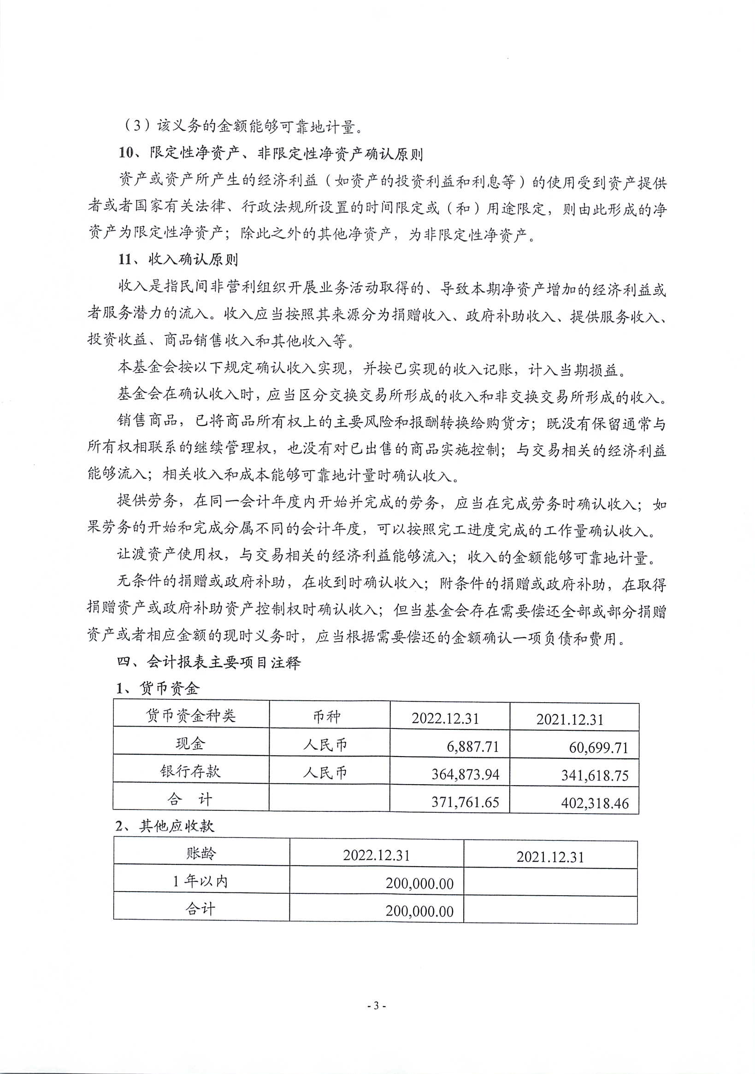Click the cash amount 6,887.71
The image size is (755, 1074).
click(x=472, y=746)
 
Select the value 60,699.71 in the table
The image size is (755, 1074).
click(x=598, y=747)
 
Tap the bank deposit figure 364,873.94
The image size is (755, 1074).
click(x=465, y=774)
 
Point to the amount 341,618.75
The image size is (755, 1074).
click(x=595, y=775)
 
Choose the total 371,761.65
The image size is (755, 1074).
click(x=465, y=802)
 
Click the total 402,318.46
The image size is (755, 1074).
click(x=595, y=803)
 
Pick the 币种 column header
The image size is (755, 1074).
click(x=327, y=716)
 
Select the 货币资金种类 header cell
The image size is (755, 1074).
click(x=190, y=715)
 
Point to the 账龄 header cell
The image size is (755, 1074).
click(x=201, y=853)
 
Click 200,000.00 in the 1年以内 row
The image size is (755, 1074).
click(x=419, y=883)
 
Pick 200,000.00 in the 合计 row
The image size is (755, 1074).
click(x=419, y=911)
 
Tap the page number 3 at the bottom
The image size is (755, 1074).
click(x=377, y=1005)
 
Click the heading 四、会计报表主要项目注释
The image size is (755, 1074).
click(x=209, y=662)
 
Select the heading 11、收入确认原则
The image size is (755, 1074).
click(x=178, y=259)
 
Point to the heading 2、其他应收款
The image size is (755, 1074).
click(x=165, y=826)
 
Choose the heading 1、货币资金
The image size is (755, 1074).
click(x=158, y=688)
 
